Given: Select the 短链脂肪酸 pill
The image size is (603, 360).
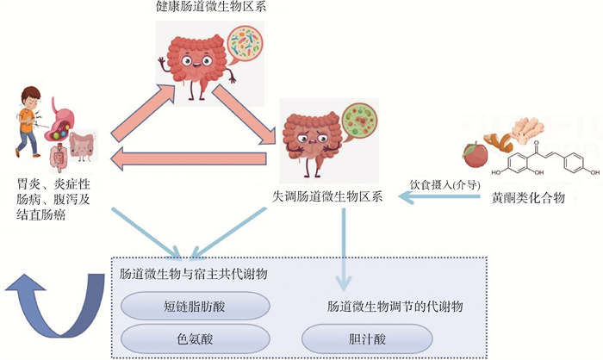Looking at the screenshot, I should coord(194,306).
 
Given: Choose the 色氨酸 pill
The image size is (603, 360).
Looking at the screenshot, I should coord(194,337).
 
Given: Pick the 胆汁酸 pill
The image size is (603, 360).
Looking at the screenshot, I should coord(356,338).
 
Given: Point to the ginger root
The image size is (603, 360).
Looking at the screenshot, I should coord(523,130).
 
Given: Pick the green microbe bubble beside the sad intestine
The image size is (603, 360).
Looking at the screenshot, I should coord(360,125).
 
